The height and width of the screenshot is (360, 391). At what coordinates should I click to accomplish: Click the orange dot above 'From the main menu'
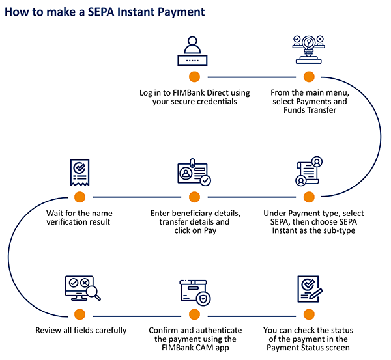click(x=309, y=77)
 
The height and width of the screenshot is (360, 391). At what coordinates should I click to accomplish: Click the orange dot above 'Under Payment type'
click(x=309, y=197)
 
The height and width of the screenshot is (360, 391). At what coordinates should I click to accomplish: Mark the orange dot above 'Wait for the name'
click(x=80, y=197)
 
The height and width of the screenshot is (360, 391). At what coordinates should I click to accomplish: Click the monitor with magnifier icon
click(x=80, y=290)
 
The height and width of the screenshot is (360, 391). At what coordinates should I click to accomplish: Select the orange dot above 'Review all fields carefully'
click(x=80, y=315)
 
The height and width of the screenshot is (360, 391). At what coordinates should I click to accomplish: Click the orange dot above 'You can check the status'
click(x=309, y=315)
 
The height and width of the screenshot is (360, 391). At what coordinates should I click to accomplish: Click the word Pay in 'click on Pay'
click(x=208, y=231)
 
